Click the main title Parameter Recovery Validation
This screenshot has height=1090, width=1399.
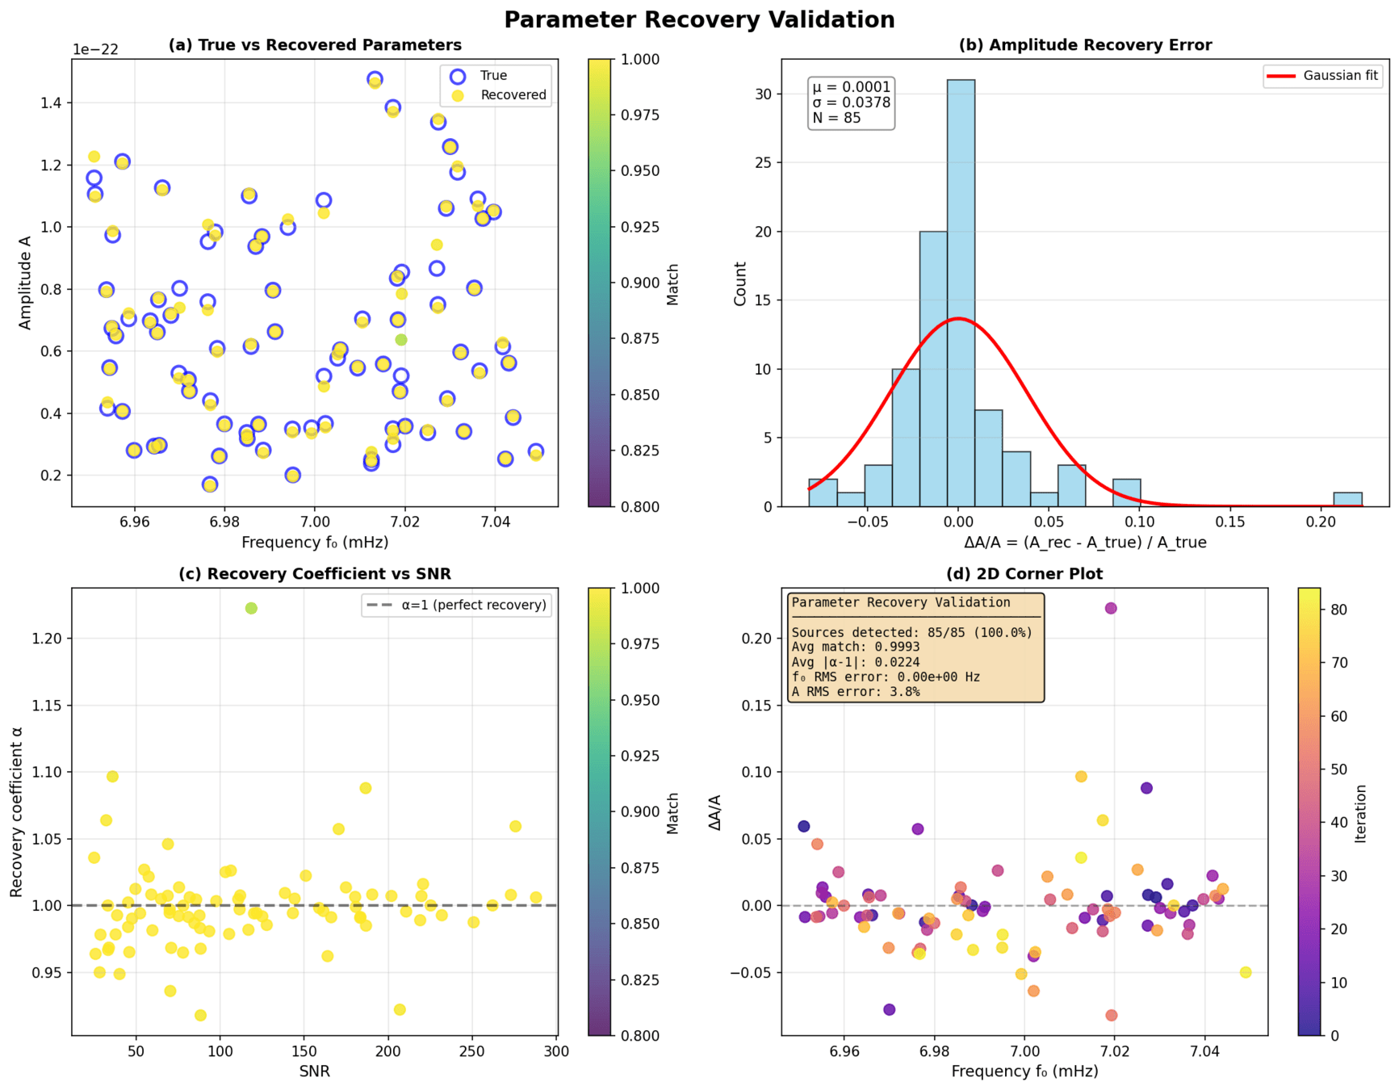[699, 19]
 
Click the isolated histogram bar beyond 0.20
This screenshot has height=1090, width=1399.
[1347, 500]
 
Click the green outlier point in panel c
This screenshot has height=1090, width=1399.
[251, 608]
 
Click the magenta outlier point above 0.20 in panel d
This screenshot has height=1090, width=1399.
[1111, 608]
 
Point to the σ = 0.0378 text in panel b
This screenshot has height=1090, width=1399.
[851, 103]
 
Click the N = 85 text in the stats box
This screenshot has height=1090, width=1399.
[836, 118]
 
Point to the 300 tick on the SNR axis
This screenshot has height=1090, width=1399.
[556, 1051]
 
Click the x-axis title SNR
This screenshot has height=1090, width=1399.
[314, 1071]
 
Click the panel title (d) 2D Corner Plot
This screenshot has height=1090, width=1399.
[1024, 574]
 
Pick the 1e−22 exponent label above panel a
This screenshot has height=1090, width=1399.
[95, 49]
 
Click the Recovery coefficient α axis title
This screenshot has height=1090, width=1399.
[16, 811]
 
